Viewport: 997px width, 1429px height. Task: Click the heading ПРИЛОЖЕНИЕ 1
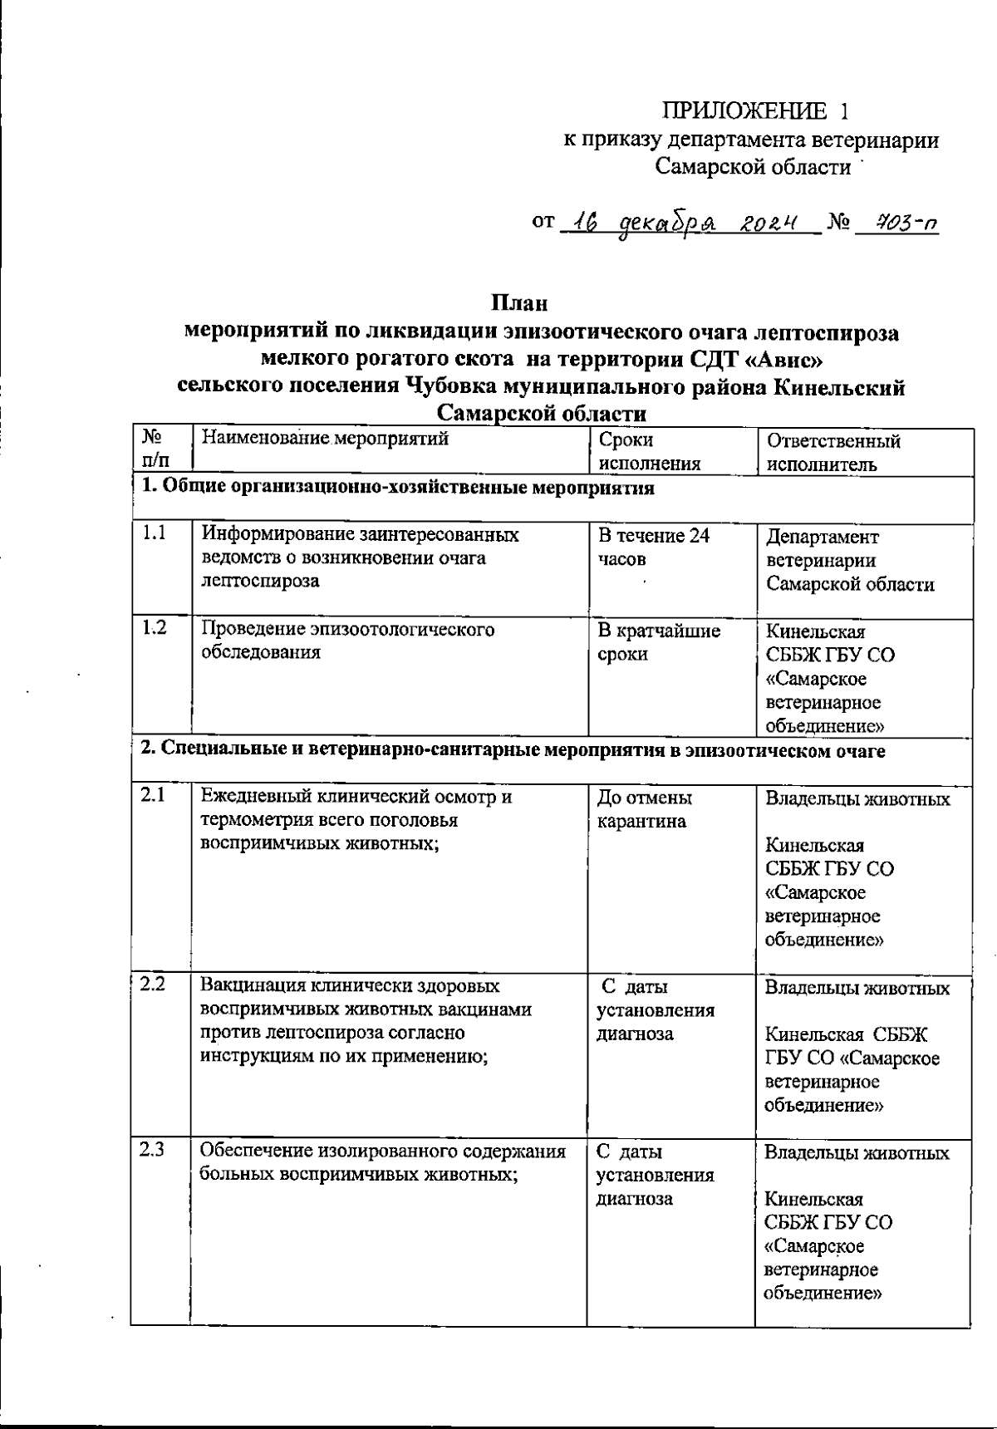click(x=755, y=110)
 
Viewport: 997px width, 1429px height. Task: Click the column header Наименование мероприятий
click(x=326, y=439)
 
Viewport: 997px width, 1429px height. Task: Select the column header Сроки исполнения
click(x=649, y=451)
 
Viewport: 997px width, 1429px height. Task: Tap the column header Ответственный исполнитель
click(x=833, y=452)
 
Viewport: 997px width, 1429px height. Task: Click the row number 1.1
click(x=154, y=534)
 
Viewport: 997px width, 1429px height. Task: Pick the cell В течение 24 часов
click(x=654, y=547)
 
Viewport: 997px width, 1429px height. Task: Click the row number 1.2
click(x=154, y=628)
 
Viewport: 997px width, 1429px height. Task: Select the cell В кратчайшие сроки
click(x=659, y=641)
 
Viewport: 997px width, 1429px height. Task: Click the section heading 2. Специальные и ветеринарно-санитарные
click(x=512, y=751)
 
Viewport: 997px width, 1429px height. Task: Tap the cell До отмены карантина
click(x=645, y=809)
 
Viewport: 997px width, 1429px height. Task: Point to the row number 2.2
click(x=152, y=985)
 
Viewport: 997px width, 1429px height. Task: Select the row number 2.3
click(x=152, y=1151)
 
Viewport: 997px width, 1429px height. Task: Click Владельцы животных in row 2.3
click(x=857, y=1153)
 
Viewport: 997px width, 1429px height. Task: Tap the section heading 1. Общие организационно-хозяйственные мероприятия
click(x=397, y=488)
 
